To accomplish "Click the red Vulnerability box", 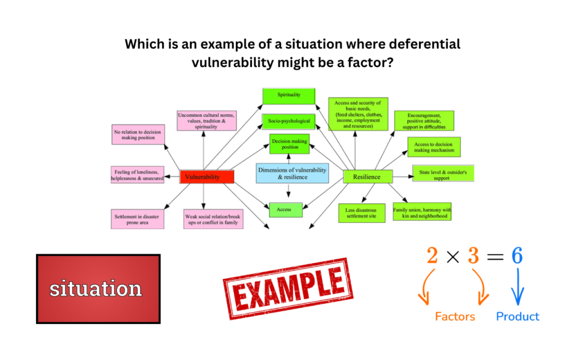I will point(206,177).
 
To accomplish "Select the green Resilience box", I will point(367,177).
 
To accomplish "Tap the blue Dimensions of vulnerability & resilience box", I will point(292,173).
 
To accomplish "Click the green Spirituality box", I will point(289,96).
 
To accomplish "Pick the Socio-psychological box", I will point(289,121).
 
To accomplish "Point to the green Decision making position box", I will point(290,144).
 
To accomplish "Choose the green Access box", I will point(285,209).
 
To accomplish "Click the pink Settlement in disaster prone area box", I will point(138,219).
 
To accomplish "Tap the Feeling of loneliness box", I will point(138,174).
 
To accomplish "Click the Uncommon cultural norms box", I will point(206,121).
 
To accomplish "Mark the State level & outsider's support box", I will point(443,173).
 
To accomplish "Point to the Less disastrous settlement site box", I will point(361,213).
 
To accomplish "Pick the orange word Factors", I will point(454,317).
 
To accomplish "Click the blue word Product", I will point(517,317).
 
